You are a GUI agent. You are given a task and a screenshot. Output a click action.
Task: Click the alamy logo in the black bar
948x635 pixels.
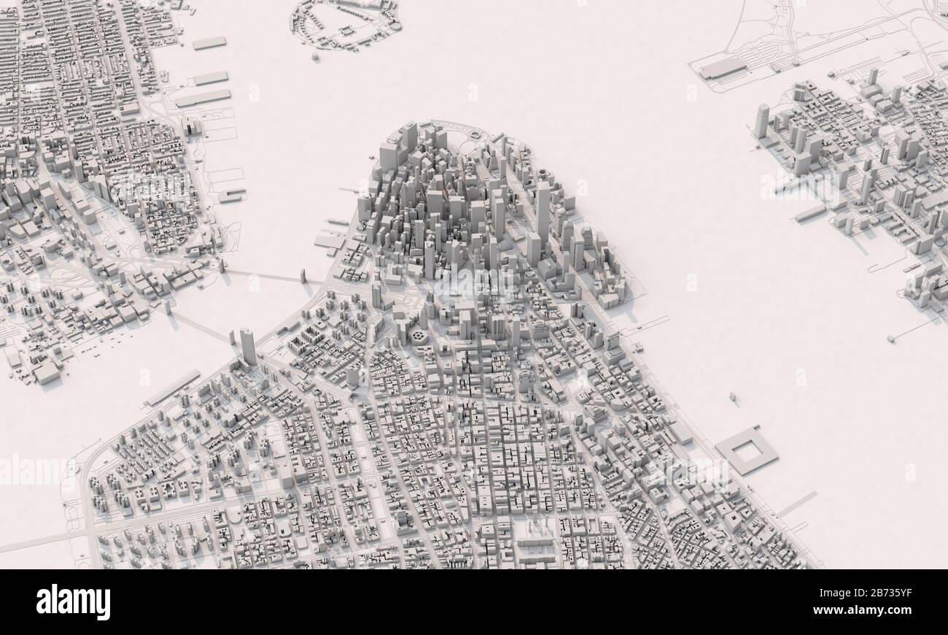pyautogui.click(x=73, y=602)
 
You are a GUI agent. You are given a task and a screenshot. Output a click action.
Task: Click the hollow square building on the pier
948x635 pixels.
pyautogui.click(x=746, y=450)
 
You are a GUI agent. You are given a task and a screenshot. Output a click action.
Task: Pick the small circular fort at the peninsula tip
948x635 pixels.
pyautogui.click(x=476, y=134)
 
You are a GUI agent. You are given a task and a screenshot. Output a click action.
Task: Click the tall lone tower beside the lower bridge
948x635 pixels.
pyautogui.click(x=247, y=346)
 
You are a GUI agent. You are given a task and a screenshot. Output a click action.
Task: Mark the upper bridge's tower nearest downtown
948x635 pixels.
pyautogui.click(x=302, y=277)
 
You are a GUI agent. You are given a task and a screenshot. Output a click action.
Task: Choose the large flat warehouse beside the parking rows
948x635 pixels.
pyautogui.click(x=723, y=68)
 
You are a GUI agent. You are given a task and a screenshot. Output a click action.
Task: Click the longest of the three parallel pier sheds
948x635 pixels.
pyautogui.click(x=203, y=98)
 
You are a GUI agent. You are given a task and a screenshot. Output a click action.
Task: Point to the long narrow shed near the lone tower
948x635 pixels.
pyautogui.click(x=173, y=388)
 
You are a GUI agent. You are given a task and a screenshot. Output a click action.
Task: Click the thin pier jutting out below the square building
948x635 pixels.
pyautogui.click(x=796, y=503)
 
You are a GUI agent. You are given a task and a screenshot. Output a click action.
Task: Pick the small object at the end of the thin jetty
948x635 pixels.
pyautogui.click(x=890, y=339)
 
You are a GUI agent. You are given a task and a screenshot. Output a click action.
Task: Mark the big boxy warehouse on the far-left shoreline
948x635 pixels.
pyautogui.click(x=47, y=372)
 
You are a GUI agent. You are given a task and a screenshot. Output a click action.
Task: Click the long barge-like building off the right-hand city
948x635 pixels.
pyautogui.click(x=809, y=213)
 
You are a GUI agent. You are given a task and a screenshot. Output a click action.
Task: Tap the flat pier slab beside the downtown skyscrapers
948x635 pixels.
pyautogui.click(x=330, y=242)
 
